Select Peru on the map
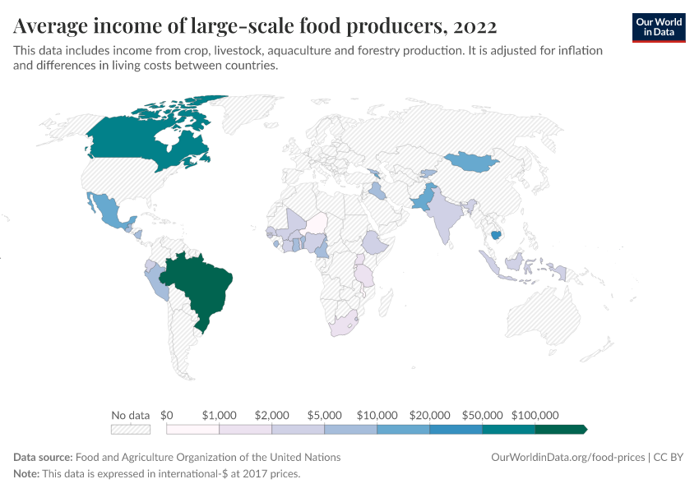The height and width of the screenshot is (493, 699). point(156,283)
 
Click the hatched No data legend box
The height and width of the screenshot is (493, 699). point(131,429)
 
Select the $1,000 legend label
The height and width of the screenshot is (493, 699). point(219,415)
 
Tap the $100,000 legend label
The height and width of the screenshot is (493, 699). point(535,415)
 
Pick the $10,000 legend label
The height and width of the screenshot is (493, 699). point(377,415)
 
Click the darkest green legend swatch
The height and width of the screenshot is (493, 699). point(559,429)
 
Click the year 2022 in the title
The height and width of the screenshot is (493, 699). point(474,26)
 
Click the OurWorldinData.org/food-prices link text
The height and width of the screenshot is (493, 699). point(567,457)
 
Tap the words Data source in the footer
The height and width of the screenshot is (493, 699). point(43,457)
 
